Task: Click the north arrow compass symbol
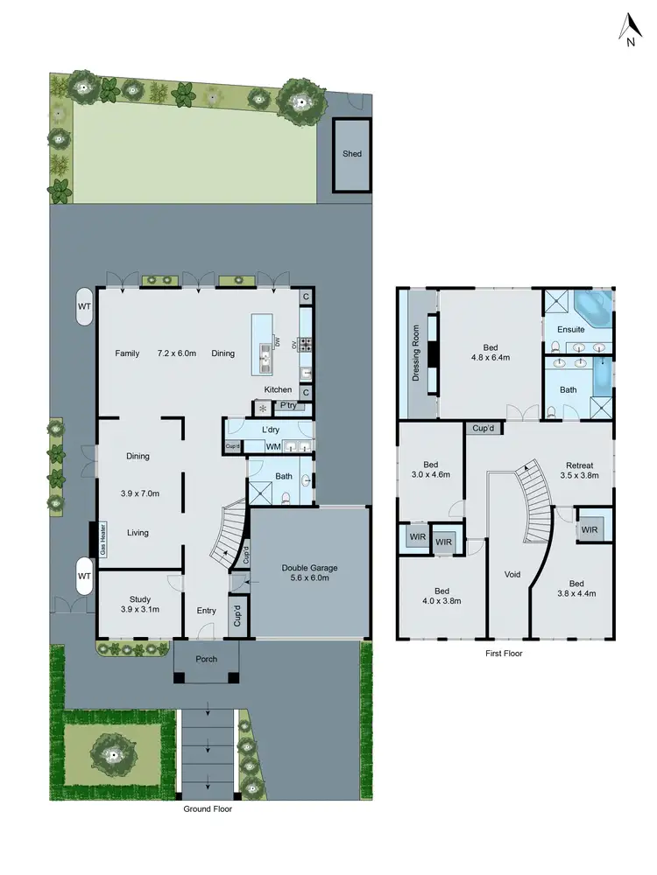(629, 30)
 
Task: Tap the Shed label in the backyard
(352, 154)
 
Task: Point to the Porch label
(206, 659)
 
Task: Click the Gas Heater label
(102, 539)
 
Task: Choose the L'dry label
(271, 430)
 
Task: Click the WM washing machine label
(272, 448)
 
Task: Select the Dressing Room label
(416, 353)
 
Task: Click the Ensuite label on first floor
(570, 329)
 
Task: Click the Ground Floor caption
(208, 809)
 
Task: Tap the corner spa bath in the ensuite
(593, 308)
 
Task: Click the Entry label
(206, 611)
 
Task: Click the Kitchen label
(279, 389)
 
